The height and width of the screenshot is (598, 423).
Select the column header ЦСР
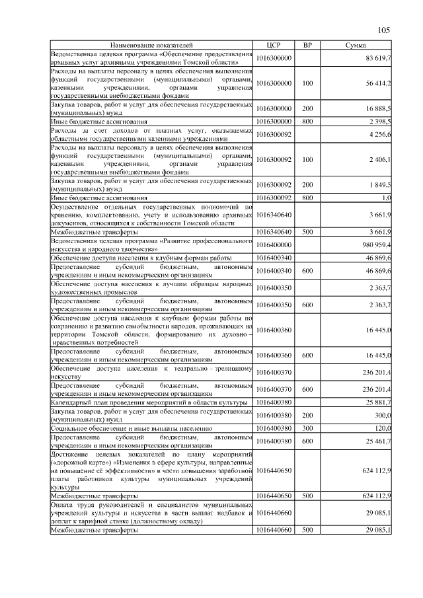274,45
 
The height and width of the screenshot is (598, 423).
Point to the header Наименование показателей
151,45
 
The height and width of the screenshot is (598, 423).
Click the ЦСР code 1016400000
274,244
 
